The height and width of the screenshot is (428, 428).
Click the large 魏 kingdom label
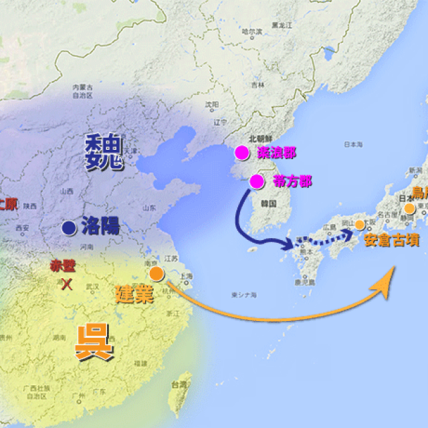pyautogui.click(x=105, y=152)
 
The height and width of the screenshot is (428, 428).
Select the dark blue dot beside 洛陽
pyautogui.click(x=68, y=228)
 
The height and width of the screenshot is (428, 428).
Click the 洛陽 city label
pyautogui.click(x=100, y=227)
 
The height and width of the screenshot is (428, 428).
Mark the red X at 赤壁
pyautogui.click(x=67, y=284)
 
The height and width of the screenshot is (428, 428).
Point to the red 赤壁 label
pyautogui.click(x=63, y=265)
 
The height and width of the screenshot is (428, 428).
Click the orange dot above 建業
pyautogui.click(x=156, y=274)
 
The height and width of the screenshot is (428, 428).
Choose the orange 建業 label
pyautogui.click(x=134, y=292)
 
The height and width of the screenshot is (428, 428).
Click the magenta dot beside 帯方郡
pyautogui.click(x=257, y=181)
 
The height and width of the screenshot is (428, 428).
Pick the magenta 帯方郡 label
pyautogui.click(x=290, y=181)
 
